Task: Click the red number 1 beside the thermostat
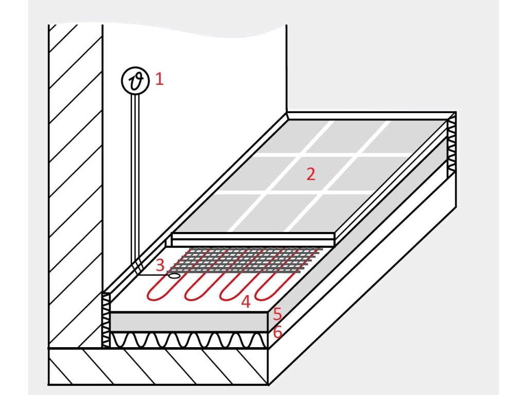(x=159, y=80)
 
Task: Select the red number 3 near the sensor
(x=160, y=265)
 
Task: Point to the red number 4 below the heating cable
(x=245, y=302)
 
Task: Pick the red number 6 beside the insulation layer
(x=277, y=332)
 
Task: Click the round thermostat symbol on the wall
(x=135, y=81)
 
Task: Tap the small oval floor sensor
(x=174, y=276)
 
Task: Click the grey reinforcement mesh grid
(x=247, y=259)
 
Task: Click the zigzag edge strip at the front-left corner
(x=106, y=319)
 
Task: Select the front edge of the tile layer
(x=252, y=239)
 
